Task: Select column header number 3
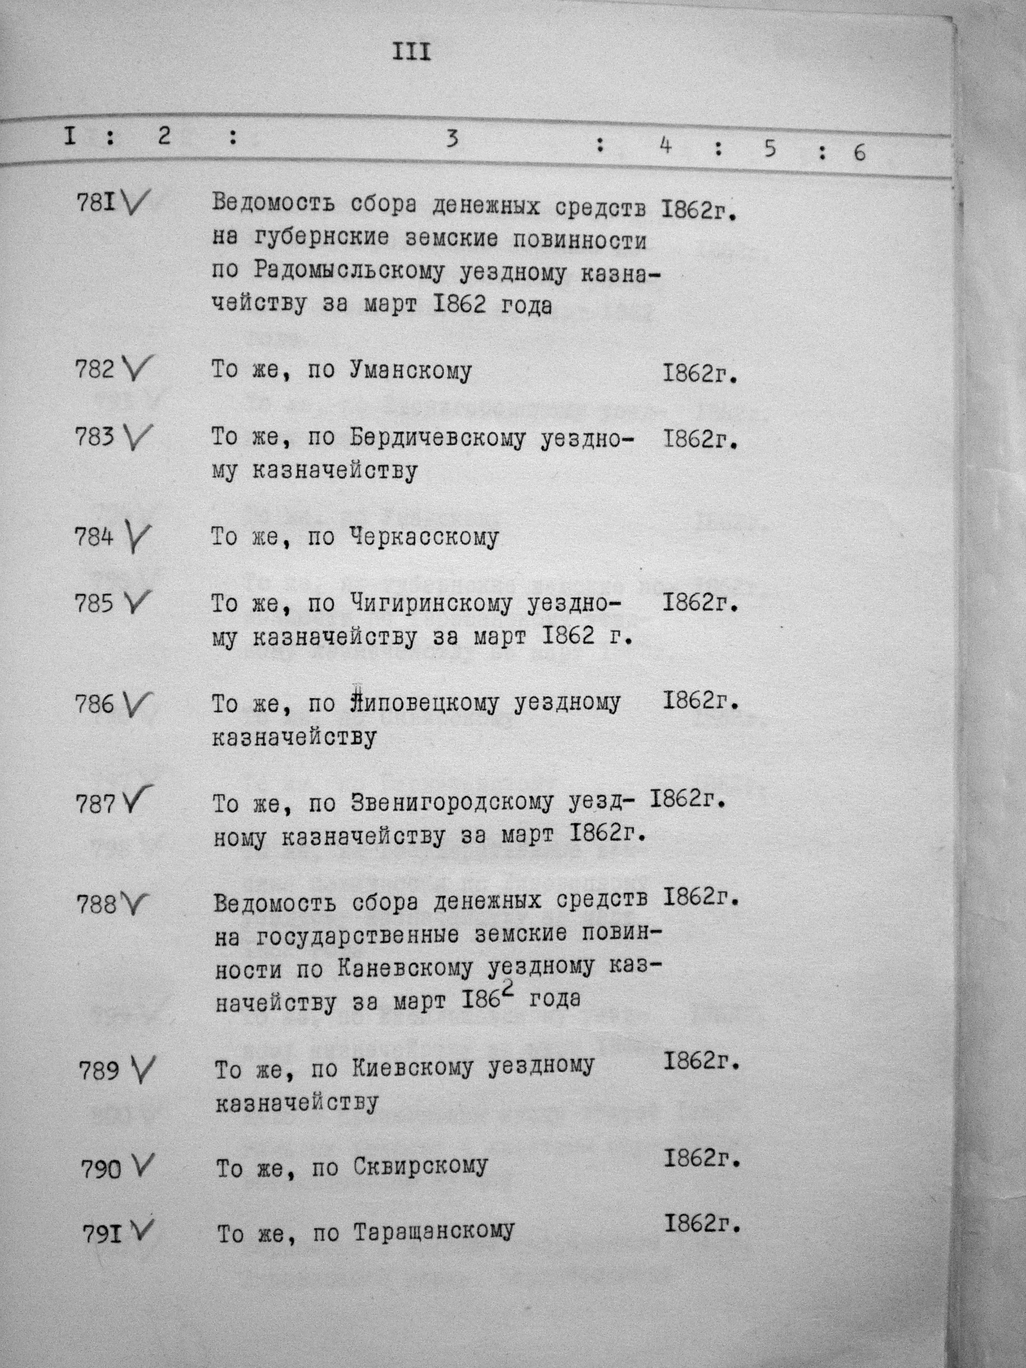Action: (x=452, y=140)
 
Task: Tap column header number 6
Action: (x=860, y=153)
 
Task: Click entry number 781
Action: (x=96, y=202)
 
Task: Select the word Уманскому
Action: (x=410, y=371)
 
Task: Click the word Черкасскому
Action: (x=424, y=537)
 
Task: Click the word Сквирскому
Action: (x=421, y=1167)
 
